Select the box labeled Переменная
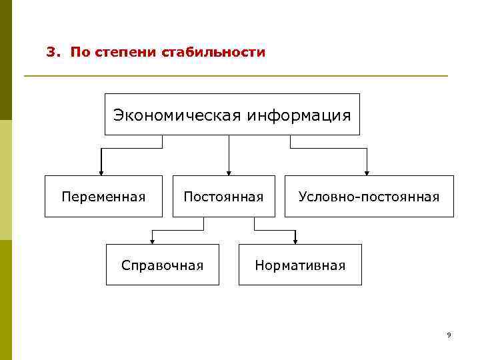tap(103, 197)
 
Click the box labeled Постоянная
tap(223, 197)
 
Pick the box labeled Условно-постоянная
tap(369, 197)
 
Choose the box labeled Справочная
tap(162, 265)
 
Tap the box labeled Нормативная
tap(300, 265)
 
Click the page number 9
tap(449, 335)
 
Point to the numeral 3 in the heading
tap(49, 52)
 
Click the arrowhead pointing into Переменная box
tap(101, 171)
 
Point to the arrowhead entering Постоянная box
tap(229, 171)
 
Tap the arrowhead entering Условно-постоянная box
tap(367, 171)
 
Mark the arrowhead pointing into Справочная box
tap(153, 241)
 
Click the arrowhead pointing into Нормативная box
tap(295, 241)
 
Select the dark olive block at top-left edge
tap(6, 60)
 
